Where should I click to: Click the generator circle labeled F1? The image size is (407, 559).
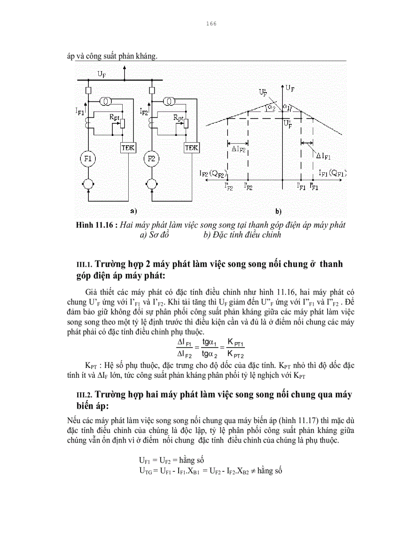(88, 159)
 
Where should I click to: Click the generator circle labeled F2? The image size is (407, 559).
(153, 159)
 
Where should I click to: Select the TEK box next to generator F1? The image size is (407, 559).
(129, 148)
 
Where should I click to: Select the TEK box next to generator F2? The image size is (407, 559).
(193, 148)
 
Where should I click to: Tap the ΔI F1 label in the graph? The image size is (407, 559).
(324, 156)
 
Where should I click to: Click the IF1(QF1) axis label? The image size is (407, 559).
(333, 173)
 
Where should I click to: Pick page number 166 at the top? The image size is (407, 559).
(210, 23)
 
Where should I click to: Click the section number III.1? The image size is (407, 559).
(83, 265)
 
